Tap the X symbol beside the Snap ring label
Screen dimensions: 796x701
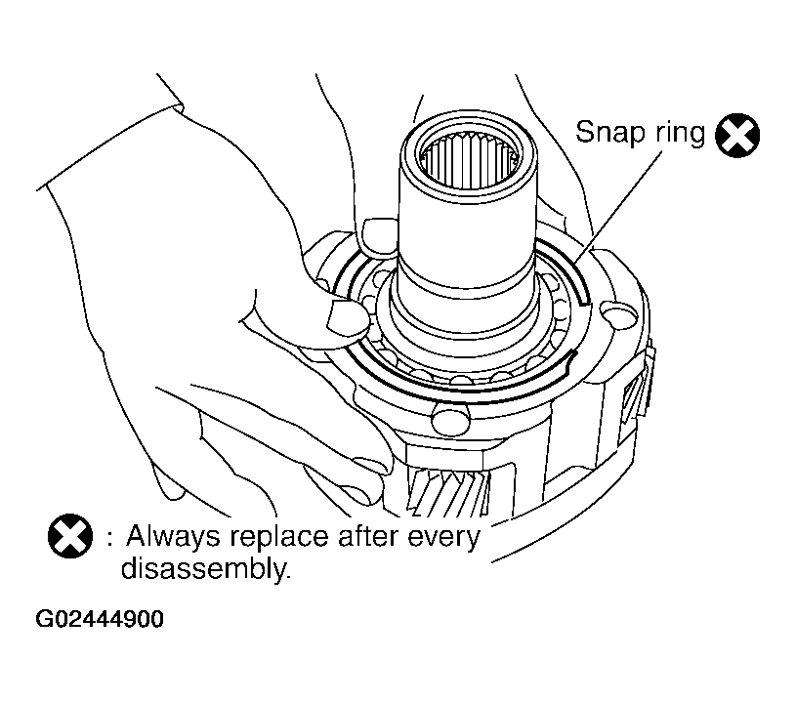coord(737,136)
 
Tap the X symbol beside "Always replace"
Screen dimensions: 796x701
coord(70,536)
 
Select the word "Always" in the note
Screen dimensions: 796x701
coord(173,538)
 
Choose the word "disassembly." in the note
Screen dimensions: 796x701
coord(206,568)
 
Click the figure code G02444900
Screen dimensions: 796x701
coord(100,619)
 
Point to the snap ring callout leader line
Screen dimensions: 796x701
coord(619,207)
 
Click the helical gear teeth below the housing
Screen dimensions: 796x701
coord(446,492)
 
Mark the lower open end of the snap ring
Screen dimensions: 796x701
coord(571,355)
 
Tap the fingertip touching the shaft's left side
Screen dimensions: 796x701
coord(379,235)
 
